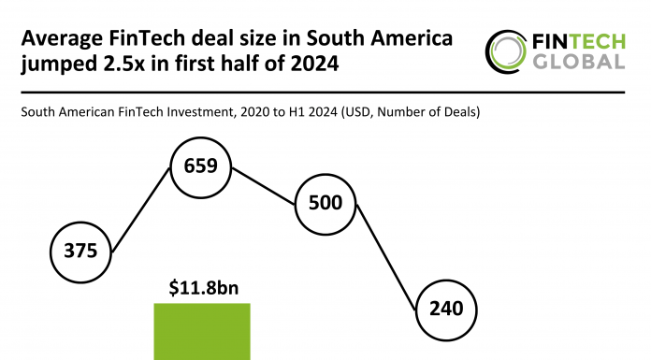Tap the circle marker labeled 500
325,204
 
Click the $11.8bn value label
203,288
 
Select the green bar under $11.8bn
203,333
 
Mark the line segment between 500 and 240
386,258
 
